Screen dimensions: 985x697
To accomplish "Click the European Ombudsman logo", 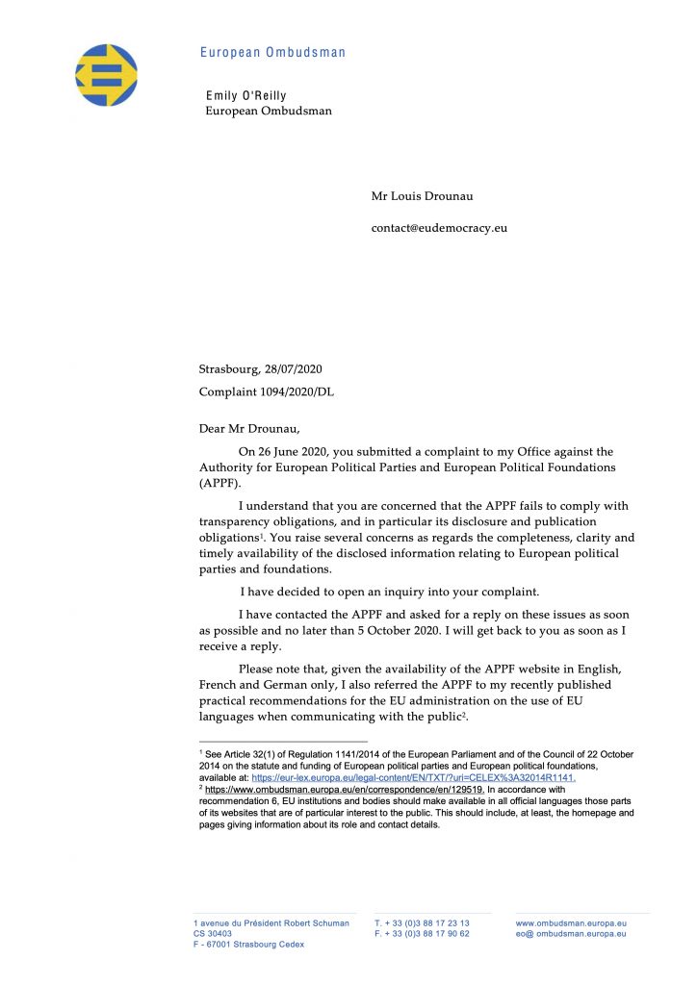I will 107,74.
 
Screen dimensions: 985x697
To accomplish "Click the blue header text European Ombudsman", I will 272,52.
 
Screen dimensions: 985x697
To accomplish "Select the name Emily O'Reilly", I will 246,96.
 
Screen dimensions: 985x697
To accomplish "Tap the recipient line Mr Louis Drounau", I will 422,197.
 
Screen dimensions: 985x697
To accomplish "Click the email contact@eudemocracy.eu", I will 439,229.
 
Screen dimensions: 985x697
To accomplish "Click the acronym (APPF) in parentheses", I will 221,484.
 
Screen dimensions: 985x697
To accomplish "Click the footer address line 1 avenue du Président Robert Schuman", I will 271,923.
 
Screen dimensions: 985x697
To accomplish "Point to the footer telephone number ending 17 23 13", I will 422,923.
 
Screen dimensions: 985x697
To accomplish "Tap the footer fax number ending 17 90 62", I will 422,934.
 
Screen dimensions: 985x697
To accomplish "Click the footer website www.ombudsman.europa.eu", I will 571,923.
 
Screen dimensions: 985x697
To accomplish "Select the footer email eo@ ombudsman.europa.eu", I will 571,934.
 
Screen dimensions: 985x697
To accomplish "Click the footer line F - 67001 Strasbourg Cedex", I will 248,945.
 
